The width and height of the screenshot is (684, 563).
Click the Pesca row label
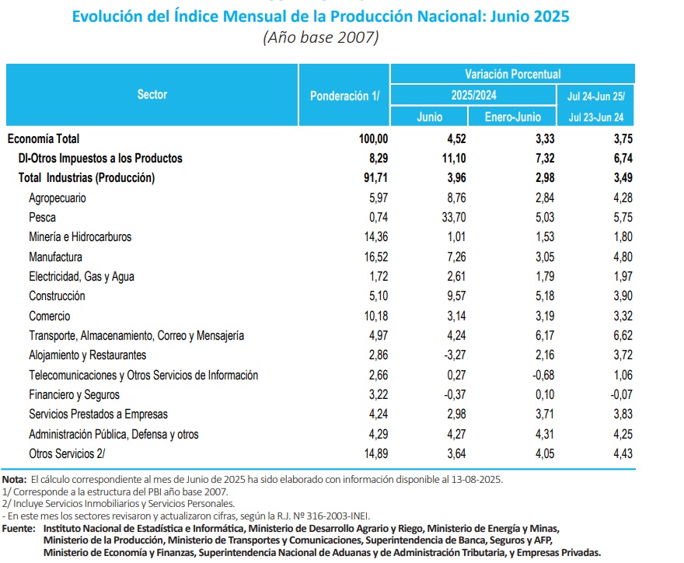click(42, 218)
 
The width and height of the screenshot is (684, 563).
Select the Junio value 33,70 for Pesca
click(448, 218)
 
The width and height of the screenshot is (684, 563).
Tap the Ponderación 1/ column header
click(344, 96)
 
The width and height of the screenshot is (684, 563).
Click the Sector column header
click(152, 95)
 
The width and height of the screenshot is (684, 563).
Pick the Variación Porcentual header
click(512, 74)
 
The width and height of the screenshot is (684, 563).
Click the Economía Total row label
click(44, 139)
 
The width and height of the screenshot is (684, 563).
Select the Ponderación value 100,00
click(368, 139)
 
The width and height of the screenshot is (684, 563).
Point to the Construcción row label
click(57, 296)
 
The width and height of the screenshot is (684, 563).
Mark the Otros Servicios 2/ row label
click(66, 453)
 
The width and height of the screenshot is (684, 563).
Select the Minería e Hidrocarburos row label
click(80, 237)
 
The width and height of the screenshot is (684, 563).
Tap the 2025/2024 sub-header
click(473, 95)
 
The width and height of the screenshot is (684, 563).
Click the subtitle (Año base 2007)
click(321, 37)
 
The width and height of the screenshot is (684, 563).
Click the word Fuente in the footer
click(19, 529)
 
